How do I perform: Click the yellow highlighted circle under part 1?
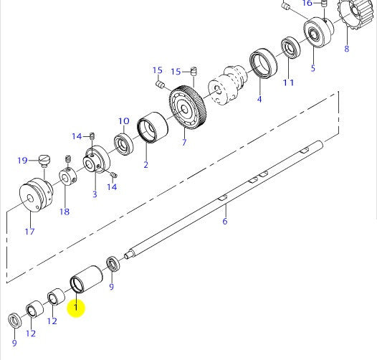[75, 308]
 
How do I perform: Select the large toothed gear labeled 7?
[189, 108]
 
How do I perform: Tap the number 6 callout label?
[225, 222]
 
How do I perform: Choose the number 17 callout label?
[29, 231]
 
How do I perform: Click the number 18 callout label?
[65, 212]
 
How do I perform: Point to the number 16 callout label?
[307, 4]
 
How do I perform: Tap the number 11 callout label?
[288, 82]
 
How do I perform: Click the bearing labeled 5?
[314, 33]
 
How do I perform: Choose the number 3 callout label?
[95, 194]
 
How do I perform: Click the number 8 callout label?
[347, 49]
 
